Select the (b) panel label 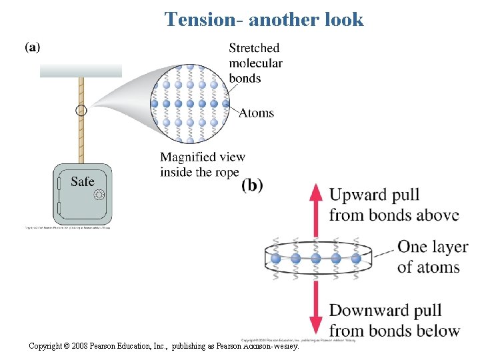[x=251, y=185]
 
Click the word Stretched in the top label [x=254, y=48]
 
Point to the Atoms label [x=257, y=113]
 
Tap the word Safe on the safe [x=82, y=181]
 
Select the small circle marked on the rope [x=81, y=111]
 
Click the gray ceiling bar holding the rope [x=81, y=70]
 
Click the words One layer [x=433, y=247]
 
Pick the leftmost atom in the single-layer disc [x=275, y=257]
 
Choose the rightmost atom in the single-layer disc [x=356, y=257]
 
